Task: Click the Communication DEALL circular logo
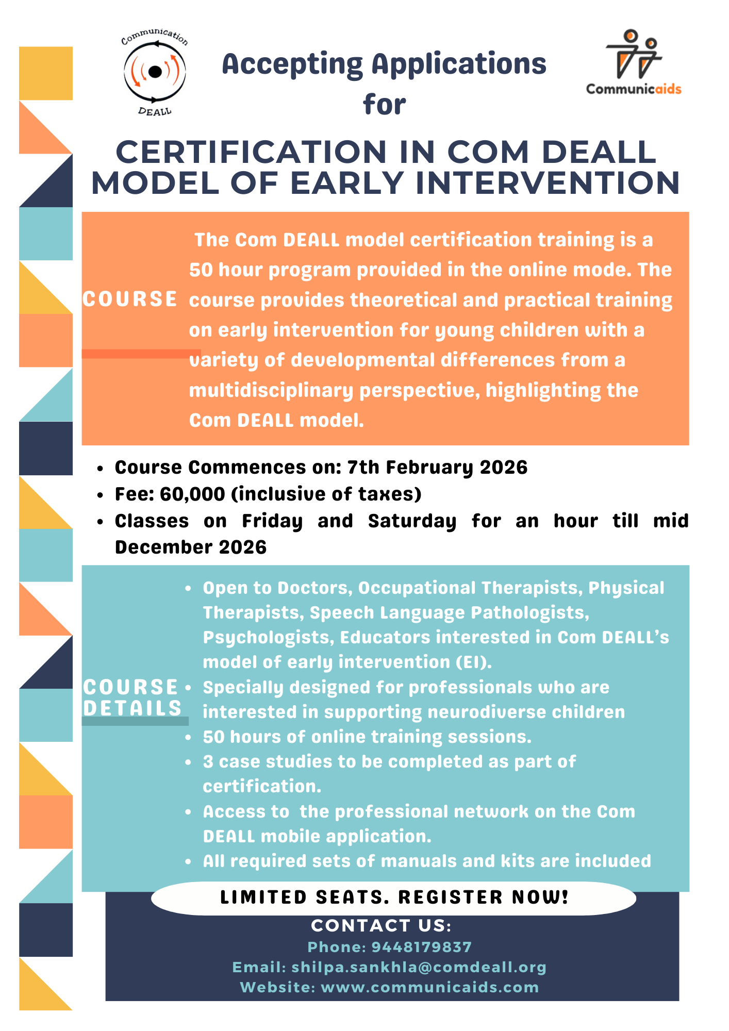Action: pyautogui.click(x=155, y=72)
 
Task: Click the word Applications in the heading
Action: pyautogui.click(x=459, y=64)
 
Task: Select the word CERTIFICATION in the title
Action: pyautogui.click(x=251, y=153)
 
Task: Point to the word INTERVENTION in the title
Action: pyautogui.click(x=548, y=184)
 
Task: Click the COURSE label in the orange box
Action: pyautogui.click(x=130, y=300)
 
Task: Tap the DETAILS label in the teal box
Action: pyautogui.click(x=132, y=708)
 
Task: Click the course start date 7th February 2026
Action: pyautogui.click(x=437, y=468)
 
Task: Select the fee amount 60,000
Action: pyautogui.click(x=192, y=494)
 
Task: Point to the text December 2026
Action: pyautogui.click(x=191, y=547)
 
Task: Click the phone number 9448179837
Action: pyautogui.click(x=421, y=947)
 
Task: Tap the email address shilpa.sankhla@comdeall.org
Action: pyautogui.click(x=419, y=967)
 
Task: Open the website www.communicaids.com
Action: pyautogui.click(x=429, y=987)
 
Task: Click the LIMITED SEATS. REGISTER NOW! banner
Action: pyautogui.click(x=394, y=897)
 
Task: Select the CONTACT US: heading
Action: pyautogui.click(x=381, y=926)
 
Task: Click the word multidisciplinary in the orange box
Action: pyautogui.click(x=271, y=391)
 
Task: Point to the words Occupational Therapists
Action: pyautogui.click(x=470, y=588)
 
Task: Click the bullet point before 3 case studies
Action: pyautogui.click(x=189, y=762)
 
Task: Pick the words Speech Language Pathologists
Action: pyautogui.click(x=449, y=613)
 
